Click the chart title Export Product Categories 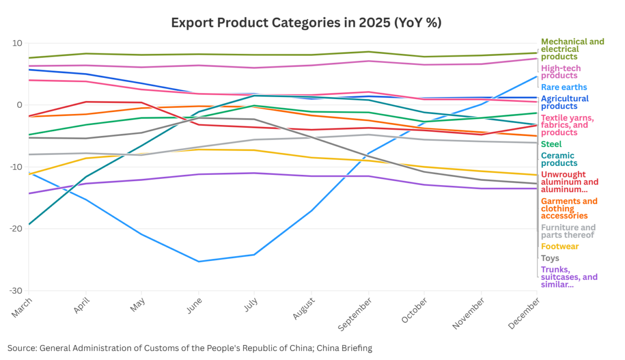pyautogui.click(x=306, y=23)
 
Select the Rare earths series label pyautogui.click(x=564, y=87)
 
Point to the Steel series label pyautogui.click(x=551, y=144)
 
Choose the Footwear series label pyautogui.click(x=560, y=247)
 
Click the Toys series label pyautogui.click(x=550, y=258)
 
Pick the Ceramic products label pyautogui.click(x=559, y=160)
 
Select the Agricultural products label pyautogui.click(x=564, y=102)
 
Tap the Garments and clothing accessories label pyautogui.click(x=569, y=209)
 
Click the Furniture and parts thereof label pyautogui.click(x=568, y=231)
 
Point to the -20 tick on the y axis pyautogui.click(x=16, y=229)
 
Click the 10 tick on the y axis pyautogui.click(x=18, y=43)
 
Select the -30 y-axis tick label pyautogui.click(x=16, y=291)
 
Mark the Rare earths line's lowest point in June pyautogui.click(x=199, y=261)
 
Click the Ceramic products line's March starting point pyautogui.click(x=29, y=224)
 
